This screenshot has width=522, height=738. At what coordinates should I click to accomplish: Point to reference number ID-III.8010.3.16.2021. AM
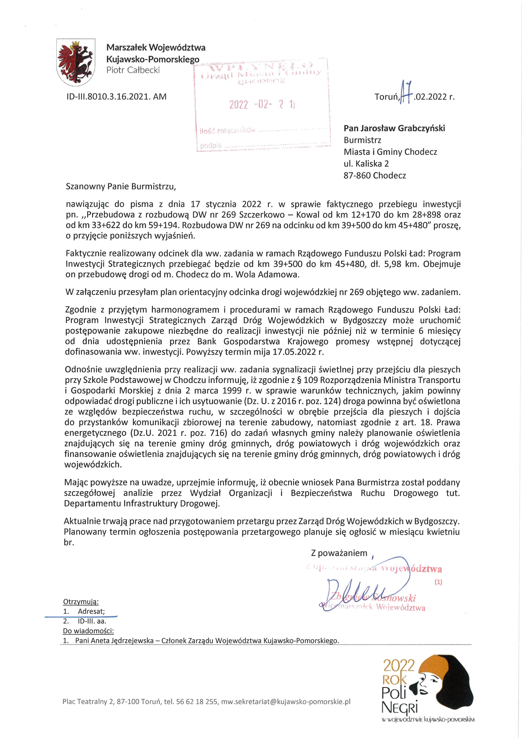coord(116,97)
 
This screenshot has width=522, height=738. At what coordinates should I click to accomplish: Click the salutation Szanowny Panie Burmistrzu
coord(121,186)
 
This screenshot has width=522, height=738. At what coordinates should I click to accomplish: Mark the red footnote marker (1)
coord(438,582)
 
